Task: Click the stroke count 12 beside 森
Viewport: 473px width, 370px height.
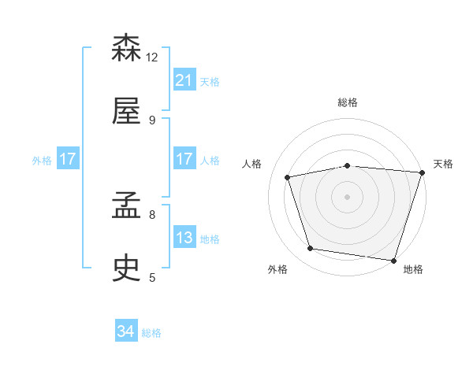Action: [x=152, y=57]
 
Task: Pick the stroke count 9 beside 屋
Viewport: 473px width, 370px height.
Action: [x=151, y=120]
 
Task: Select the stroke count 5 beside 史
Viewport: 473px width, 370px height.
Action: [x=151, y=277]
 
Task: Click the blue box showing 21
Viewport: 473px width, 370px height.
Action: [x=184, y=80]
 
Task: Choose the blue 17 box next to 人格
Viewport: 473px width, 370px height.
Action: [x=184, y=159]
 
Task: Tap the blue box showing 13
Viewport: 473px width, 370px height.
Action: [x=184, y=238]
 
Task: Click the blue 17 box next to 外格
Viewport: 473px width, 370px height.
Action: [x=68, y=159]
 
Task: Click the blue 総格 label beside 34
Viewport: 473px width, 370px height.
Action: [x=151, y=333]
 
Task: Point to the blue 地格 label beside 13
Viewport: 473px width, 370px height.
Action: [x=210, y=239]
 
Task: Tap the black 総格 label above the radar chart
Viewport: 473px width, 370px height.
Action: [x=348, y=102]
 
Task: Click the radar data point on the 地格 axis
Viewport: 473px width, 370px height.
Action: [x=393, y=260]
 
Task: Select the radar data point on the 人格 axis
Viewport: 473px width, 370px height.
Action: [x=289, y=177]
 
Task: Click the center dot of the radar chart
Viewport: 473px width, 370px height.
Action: [x=348, y=196]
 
